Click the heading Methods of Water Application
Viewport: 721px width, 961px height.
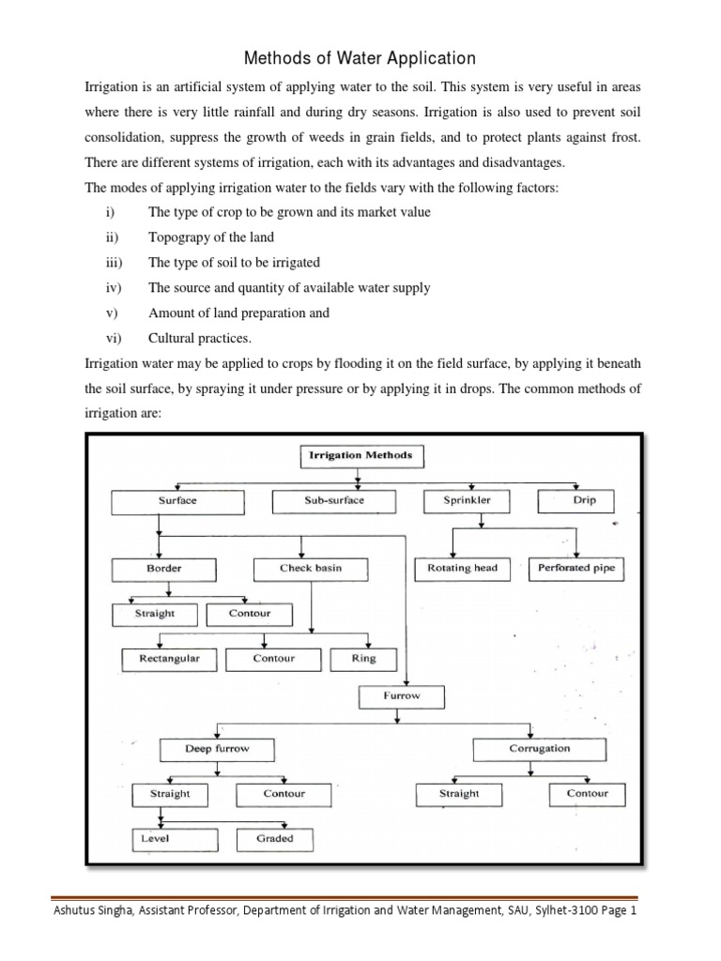pos(360,59)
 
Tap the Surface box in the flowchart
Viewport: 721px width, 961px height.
pos(176,501)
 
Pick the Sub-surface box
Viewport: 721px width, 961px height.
pos(333,501)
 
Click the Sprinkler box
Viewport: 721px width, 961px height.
pos(467,501)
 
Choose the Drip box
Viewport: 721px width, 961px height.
pos(584,501)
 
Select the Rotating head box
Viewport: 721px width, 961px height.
pos(462,569)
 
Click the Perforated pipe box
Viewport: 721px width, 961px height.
pos(575,569)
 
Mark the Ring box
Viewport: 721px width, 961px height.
pos(363,659)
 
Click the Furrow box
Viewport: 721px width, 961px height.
pos(401,697)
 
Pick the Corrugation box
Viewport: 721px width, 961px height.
pos(539,749)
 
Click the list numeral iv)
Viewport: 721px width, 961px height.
pos(114,288)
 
